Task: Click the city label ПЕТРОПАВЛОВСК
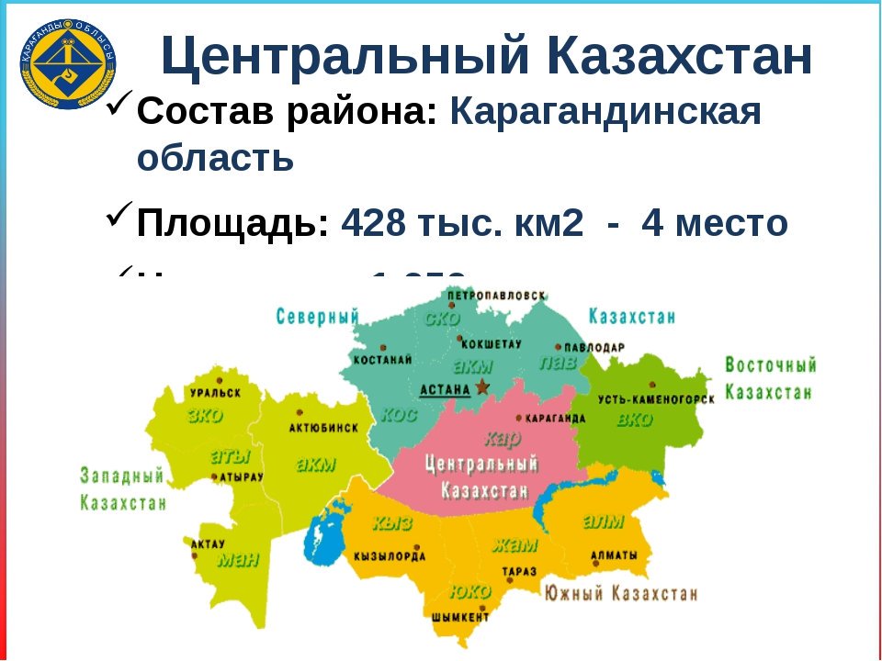(x=496, y=296)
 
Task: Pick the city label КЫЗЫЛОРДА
(x=389, y=556)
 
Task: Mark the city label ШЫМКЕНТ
(x=460, y=618)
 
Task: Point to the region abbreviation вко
(x=634, y=420)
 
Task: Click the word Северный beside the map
(x=317, y=317)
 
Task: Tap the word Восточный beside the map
(x=770, y=365)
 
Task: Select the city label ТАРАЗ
(x=519, y=570)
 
